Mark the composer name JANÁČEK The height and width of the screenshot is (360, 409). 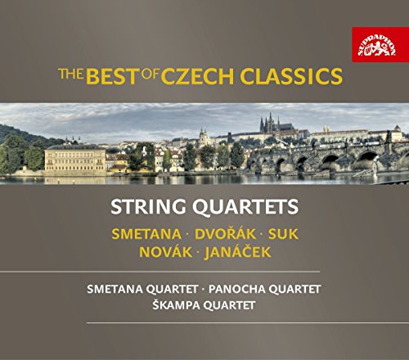[237, 251]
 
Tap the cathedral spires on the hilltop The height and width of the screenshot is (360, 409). [270, 123]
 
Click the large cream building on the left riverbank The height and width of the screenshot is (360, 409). [75, 158]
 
